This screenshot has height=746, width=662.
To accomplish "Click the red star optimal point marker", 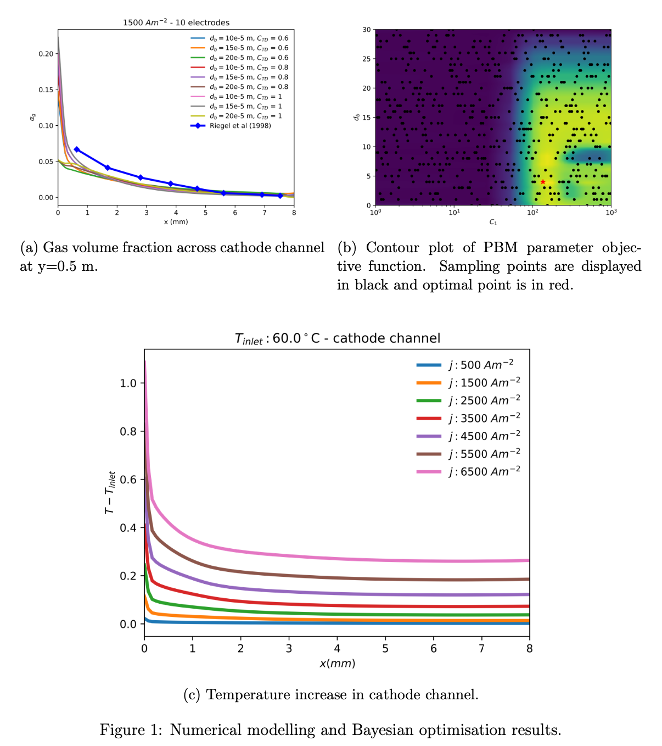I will [x=543, y=182].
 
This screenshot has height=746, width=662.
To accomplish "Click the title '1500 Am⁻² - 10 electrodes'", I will [x=176, y=23].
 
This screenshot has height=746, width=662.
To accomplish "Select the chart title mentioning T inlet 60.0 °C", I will [x=337, y=338].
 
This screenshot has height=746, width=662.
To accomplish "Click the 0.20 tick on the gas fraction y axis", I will [x=46, y=54].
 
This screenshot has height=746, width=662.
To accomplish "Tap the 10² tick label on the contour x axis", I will [x=533, y=213].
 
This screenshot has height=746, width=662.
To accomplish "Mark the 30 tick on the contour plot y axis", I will [x=367, y=30].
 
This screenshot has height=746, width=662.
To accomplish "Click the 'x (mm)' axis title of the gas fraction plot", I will [x=176, y=222].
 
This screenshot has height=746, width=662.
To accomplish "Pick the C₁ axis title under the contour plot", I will [x=493, y=222].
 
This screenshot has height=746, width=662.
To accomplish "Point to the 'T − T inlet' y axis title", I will [x=110, y=492].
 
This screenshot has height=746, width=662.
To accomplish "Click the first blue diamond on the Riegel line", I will [x=76, y=149].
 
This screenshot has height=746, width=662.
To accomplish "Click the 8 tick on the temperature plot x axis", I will [x=529, y=649].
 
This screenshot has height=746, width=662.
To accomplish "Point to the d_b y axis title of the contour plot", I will [x=357, y=117].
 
